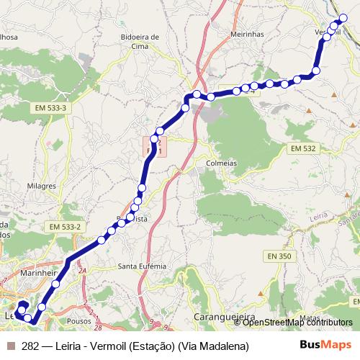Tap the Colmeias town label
tap(221, 163)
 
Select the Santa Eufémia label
tap(142, 266)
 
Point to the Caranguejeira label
tap(221, 317)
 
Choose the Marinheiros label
tap(40, 274)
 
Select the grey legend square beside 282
tap(11, 346)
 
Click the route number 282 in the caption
tap(32, 346)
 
